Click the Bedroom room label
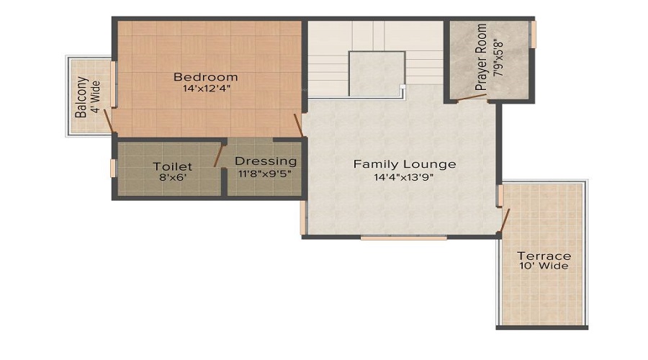click(205, 77)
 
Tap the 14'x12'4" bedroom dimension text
click(206, 89)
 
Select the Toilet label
click(172, 166)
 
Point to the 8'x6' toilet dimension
click(173, 178)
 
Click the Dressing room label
click(266, 161)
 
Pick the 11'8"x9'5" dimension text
click(264, 174)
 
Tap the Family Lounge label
click(405, 164)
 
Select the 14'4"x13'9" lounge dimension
click(403, 178)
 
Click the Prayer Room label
click(481, 57)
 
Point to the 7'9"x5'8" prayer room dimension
click(498, 57)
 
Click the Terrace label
click(544, 256)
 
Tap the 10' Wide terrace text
click(544, 266)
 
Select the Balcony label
click(81, 97)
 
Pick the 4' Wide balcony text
click(96, 97)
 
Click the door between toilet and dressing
click(219, 156)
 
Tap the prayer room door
click(472, 97)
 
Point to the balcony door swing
click(108, 121)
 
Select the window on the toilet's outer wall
click(113, 168)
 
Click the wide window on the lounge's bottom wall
click(403, 238)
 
